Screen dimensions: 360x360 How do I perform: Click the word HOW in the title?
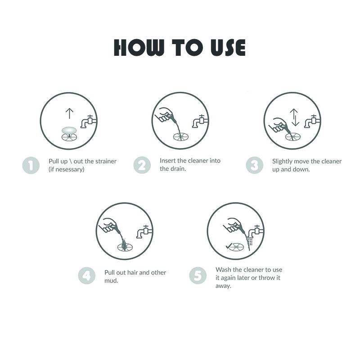click(x=139, y=48)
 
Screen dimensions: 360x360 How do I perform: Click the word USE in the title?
click(x=228, y=48)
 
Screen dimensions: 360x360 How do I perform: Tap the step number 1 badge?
click(x=31, y=165)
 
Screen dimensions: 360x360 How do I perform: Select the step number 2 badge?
click(x=142, y=165)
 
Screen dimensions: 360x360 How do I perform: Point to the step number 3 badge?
click(x=255, y=165)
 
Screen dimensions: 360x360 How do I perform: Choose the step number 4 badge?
click(x=87, y=276)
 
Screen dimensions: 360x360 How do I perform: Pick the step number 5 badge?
click(x=198, y=276)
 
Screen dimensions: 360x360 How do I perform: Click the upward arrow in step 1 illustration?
click(x=69, y=113)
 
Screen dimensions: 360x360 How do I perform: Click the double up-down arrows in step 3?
click(x=295, y=117)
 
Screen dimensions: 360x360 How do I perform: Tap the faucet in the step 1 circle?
click(x=88, y=121)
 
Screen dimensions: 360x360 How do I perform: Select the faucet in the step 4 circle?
click(x=144, y=232)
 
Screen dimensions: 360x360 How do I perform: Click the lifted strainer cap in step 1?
click(x=69, y=130)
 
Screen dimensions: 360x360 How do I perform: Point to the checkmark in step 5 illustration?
click(x=229, y=246)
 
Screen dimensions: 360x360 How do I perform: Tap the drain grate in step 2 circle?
click(x=181, y=137)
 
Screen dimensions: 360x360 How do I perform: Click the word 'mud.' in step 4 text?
click(x=111, y=280)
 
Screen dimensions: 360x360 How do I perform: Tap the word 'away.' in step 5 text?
click(x=223, y=286)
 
